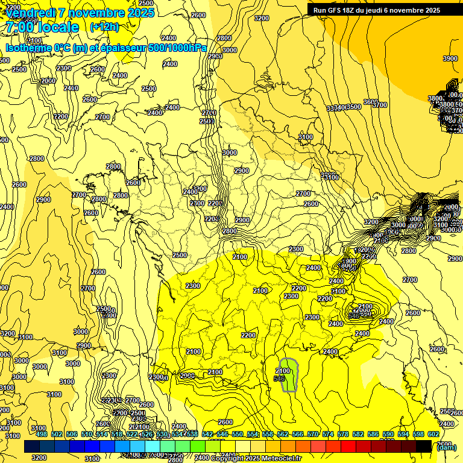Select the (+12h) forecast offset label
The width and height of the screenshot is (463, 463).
104,27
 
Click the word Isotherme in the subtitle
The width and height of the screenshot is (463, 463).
28,48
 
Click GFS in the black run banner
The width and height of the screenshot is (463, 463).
338,10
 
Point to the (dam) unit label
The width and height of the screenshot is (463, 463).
446,447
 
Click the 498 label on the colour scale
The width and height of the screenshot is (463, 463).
42,434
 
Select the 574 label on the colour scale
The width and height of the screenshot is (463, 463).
328,434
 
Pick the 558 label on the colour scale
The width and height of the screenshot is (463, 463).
268,434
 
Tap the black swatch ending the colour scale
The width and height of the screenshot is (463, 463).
424,446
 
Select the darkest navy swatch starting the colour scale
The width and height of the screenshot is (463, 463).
31,446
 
